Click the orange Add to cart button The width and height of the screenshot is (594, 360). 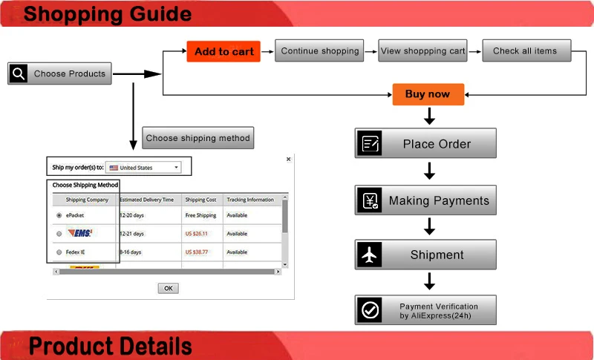[x=223, y=51]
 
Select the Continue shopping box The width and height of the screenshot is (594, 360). [x=319, y=50]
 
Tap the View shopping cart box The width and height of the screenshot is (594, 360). [x=422, y=50]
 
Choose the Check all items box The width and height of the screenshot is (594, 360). [x=526, y=50]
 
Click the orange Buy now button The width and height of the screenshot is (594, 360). [x=428, y=94]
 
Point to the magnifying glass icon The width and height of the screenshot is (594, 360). [x=18, y=73]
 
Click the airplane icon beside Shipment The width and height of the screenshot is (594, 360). [x=369, y=255]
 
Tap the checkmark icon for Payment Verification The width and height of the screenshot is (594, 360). [x=369, y=310]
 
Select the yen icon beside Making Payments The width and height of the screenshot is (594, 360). [x=369, y=200]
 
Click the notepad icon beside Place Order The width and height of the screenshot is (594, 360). [x=369, y=143]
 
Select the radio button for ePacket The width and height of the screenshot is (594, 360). [x=59, y=215]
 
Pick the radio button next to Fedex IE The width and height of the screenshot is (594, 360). [x=59, y=252]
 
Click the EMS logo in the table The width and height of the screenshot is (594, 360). [x=80, y=233]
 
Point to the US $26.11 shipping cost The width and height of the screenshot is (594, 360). [x=196, y=234]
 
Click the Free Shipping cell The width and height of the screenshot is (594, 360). [x=200, y=215]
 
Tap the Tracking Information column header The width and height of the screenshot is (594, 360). [x=250, y=200]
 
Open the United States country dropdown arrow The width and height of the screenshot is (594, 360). [x=176, y=167]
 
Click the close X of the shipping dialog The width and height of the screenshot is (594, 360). [x=289, y=159]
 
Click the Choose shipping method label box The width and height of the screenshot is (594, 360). [x=198, y=138]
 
